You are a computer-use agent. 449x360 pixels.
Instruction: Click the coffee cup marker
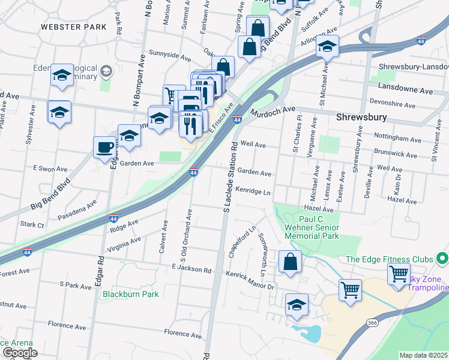(x=104, y=148)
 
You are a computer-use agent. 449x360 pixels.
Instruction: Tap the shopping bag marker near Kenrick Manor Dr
(x=290, y=262)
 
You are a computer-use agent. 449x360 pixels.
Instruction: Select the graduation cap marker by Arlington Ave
(x=327, y=46)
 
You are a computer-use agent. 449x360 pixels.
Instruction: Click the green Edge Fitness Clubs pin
(x=443, y=259)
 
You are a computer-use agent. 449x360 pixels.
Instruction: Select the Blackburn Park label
(x=130, y=294)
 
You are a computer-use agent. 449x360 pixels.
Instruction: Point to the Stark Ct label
(x=32, y=225)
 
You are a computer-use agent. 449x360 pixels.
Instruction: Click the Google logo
(x=19, y=353)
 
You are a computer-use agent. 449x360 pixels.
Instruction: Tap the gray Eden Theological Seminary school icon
(x=106, y=72)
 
